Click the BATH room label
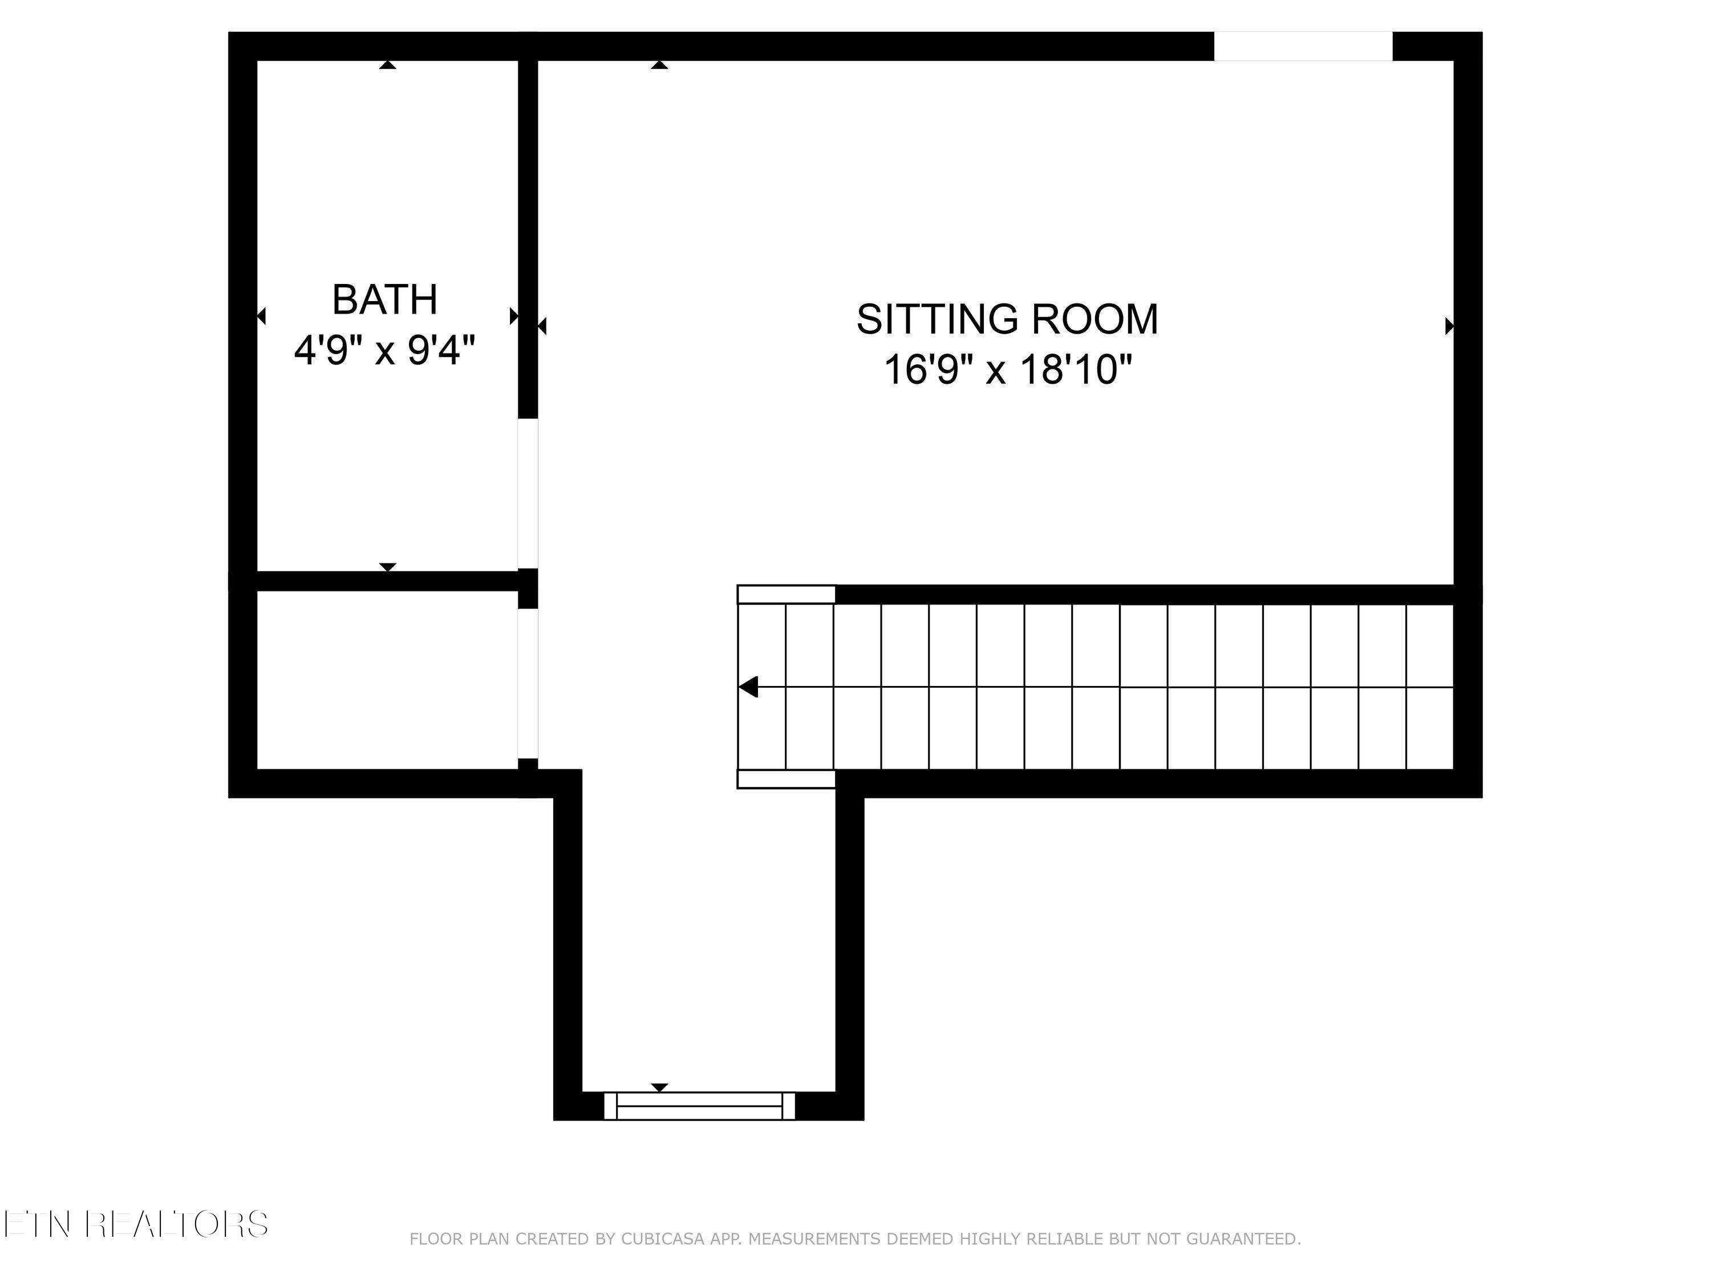click(x=384, y=300)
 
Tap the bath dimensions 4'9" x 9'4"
click(x=384, y=350)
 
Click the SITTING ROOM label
click(x=1007, y=319)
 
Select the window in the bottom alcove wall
click(x=699, y=1106)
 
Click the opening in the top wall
click(x=1303, y=46)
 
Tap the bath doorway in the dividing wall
click(x=528, y=493)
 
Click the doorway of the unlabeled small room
click(x=528, y=684)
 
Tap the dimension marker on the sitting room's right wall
click(x=1450, y=326)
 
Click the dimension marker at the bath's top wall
click(x=387, y=65)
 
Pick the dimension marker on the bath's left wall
click(x=261, y=315)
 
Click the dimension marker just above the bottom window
click(x=659, y=1088)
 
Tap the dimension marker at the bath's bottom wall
click(x=387, y=567)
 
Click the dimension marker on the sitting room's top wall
click(x=659, y=65)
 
